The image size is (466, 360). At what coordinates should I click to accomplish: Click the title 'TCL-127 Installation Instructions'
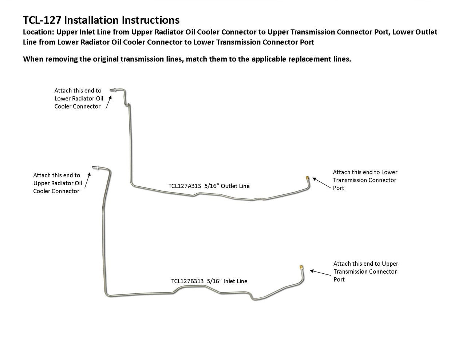101,20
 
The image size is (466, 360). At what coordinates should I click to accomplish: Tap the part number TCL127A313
185,186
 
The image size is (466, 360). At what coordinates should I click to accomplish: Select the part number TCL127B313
187,281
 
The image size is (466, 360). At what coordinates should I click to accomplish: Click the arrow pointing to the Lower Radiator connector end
108,102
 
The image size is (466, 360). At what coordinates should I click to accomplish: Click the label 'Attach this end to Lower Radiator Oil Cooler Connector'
79,98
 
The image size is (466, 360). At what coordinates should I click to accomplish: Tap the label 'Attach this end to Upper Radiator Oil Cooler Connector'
58,183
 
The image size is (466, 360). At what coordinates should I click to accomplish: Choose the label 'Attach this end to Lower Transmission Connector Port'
365,180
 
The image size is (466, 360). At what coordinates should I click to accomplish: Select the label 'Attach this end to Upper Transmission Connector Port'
366,272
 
